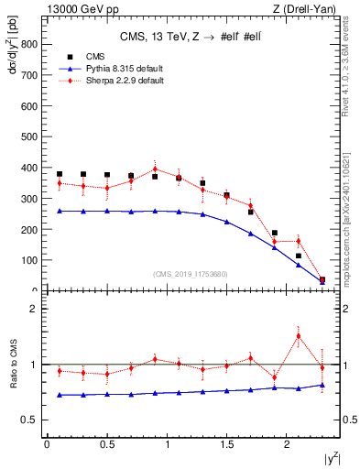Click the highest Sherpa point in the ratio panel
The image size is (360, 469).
click(x=299, y=335)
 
